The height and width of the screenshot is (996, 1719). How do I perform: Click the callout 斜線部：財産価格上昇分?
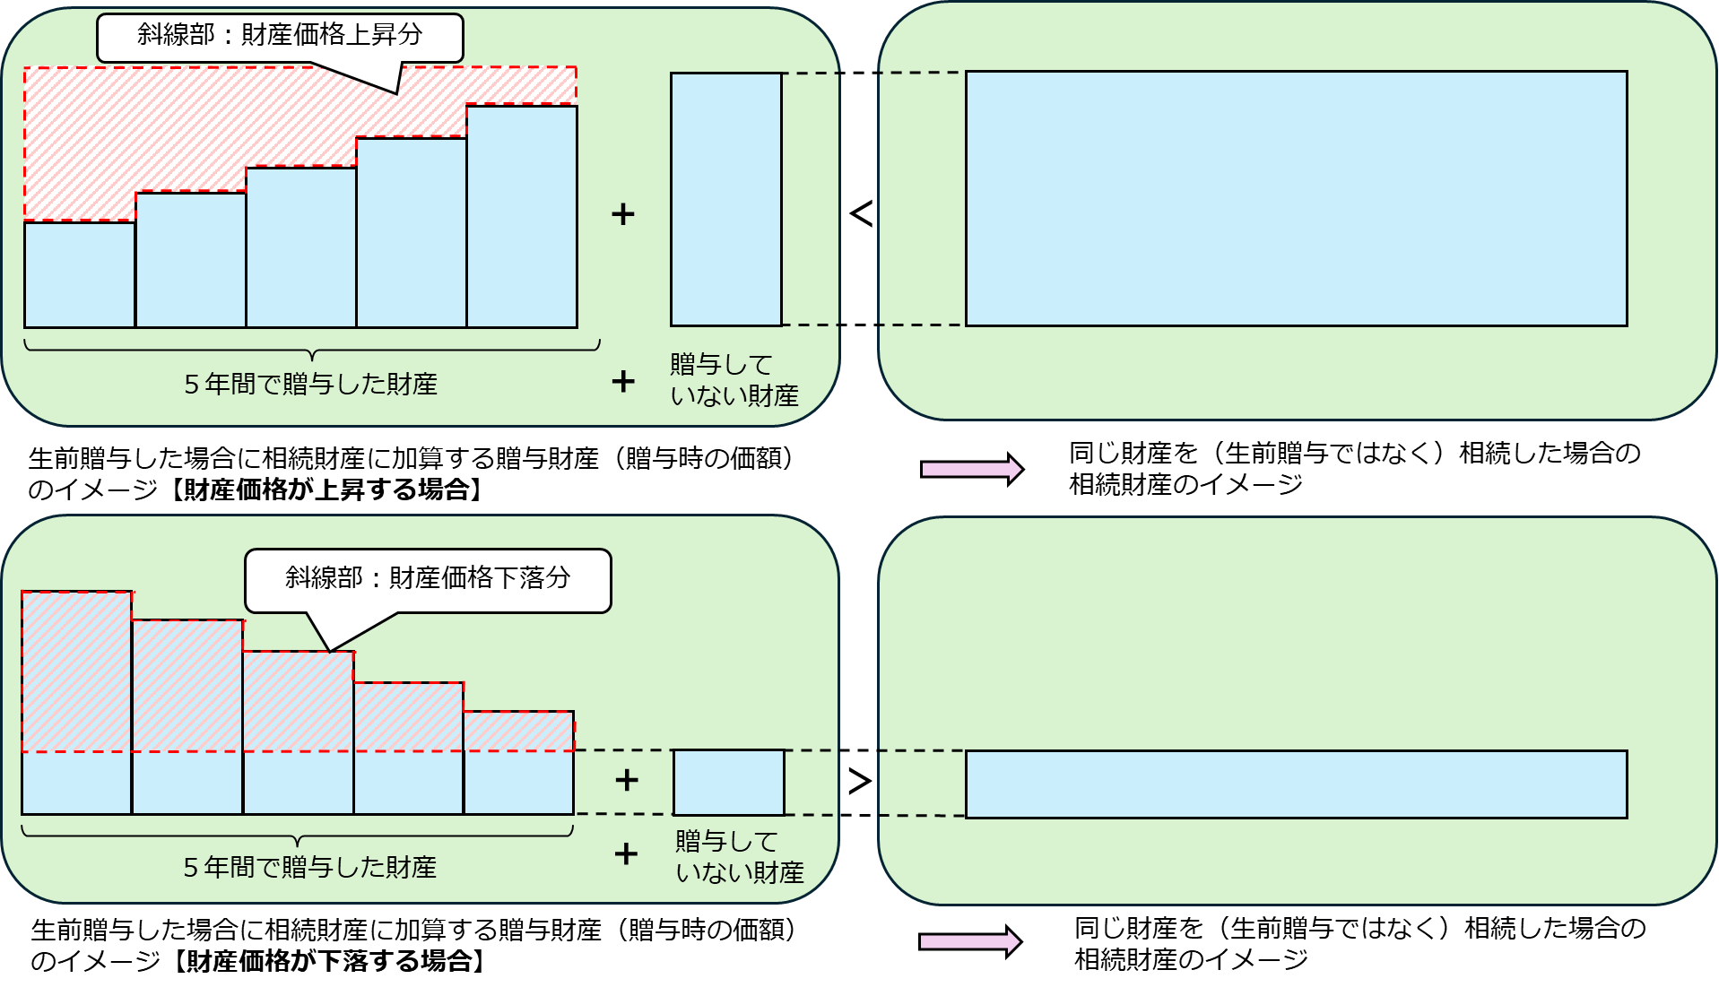[279, 36]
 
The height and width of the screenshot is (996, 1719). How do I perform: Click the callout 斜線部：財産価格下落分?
[428, 579]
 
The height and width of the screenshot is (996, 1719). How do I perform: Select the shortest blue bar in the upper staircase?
[80, 274]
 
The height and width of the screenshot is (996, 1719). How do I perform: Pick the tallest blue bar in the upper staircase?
[522, 217]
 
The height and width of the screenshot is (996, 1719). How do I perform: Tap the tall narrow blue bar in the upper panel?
[726, 199]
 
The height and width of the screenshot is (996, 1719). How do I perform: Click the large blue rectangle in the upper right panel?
[1296, 198]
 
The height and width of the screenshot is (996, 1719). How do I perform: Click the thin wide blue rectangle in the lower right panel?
[1296, 784]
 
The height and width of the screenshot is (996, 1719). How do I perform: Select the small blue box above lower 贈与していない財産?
[729, 783]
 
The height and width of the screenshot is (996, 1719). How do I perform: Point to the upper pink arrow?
[971, 469]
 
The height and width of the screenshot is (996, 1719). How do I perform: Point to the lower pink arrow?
[969, 941]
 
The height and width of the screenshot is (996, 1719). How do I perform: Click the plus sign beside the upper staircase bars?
[623, 214]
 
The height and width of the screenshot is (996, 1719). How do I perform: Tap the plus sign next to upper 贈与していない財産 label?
[623, 382]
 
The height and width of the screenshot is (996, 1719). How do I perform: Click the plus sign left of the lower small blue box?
[627, 780]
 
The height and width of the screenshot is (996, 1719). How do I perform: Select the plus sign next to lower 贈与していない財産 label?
[626, 853]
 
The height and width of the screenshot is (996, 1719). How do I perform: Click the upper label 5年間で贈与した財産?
[311, 385]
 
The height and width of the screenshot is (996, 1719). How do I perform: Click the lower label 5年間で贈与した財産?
[310, 868]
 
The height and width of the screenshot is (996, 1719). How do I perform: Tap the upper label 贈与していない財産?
[734, 380]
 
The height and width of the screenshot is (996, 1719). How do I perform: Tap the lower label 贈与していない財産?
[739, 857]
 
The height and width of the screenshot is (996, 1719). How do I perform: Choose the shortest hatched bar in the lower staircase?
[519, 731]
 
